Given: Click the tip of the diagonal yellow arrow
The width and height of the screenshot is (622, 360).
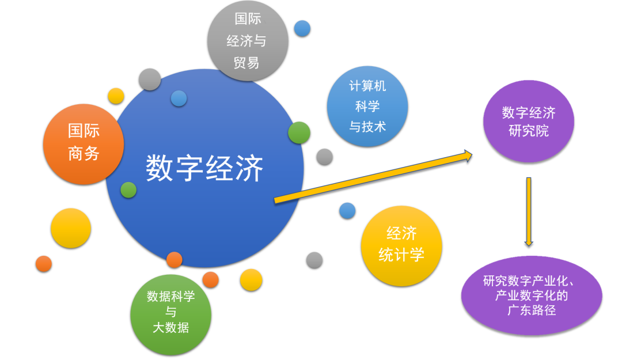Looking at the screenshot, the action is point(472,156).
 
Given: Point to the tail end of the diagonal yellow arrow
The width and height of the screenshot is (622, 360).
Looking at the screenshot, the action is point(275,201).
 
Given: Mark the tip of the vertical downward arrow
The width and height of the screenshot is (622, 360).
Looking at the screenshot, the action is point(529,246).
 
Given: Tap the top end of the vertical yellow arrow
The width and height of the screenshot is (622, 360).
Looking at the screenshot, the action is point(529,178).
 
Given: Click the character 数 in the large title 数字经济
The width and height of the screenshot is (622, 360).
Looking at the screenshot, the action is point(159,168).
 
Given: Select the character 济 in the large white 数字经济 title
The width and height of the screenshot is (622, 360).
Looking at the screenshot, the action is point(249,168).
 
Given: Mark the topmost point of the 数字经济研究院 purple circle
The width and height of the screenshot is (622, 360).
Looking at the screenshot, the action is point(528,81).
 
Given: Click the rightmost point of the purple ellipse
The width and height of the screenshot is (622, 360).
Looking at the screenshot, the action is point(602,295).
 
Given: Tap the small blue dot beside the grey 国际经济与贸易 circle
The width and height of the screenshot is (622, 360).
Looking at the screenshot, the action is point(302,29).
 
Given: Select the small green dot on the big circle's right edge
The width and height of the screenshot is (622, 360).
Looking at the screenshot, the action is point(299,132).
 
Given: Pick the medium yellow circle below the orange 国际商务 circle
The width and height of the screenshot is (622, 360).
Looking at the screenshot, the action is point(71,228).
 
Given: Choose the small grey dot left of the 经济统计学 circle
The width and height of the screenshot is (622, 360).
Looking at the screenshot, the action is point(314,260).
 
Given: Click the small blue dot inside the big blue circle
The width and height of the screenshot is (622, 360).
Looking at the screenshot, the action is point(179,98).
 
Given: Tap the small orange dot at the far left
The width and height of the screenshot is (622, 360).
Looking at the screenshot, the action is point(44,264).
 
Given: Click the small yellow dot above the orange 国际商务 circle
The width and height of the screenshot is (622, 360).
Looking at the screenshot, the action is point(116,96).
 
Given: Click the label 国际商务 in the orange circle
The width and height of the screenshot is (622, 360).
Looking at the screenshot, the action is point(84,142).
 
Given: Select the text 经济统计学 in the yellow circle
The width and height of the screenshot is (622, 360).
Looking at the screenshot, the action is point(401,244).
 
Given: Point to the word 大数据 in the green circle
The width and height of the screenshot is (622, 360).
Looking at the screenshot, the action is point(171,328).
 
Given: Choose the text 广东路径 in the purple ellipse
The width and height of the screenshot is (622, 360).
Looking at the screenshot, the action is point(532,310).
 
